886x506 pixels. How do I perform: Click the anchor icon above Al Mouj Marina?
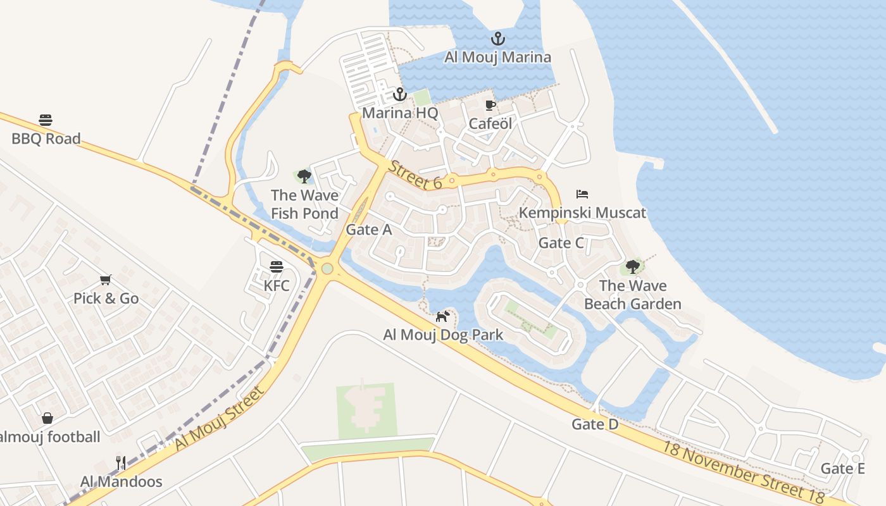(x=498, y=39)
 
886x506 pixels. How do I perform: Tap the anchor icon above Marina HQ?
(x=399, y=95)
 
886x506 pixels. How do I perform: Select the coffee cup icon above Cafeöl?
(x=490, y=105)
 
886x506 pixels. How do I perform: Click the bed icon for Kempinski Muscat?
(x=582, y=194)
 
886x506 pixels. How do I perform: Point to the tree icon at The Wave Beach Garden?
(x=632, y=267)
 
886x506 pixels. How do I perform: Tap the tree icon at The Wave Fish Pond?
(x=304, y=176)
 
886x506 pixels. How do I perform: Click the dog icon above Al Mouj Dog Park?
(x=442, y=316)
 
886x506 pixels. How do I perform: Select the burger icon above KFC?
(x=276, y=267)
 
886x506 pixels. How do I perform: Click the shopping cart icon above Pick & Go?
(x=106, y=280)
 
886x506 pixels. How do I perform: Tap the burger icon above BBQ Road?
(x=46, y=120)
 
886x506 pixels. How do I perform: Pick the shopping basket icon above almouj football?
(x=47, y=417)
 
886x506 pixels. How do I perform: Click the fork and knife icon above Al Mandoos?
(x=121, y=463)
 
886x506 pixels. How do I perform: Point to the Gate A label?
(x=369, y=230)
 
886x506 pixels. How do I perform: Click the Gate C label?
(x=561, y=243)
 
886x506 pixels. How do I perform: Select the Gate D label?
(x=595, y=424)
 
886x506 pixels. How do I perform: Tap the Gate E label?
(x=842, y=469)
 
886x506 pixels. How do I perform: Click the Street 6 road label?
(x=415, y=175)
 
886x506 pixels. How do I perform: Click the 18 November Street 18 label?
(x=744, y=471)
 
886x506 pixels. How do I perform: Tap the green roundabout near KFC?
(x=327, y=269)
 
